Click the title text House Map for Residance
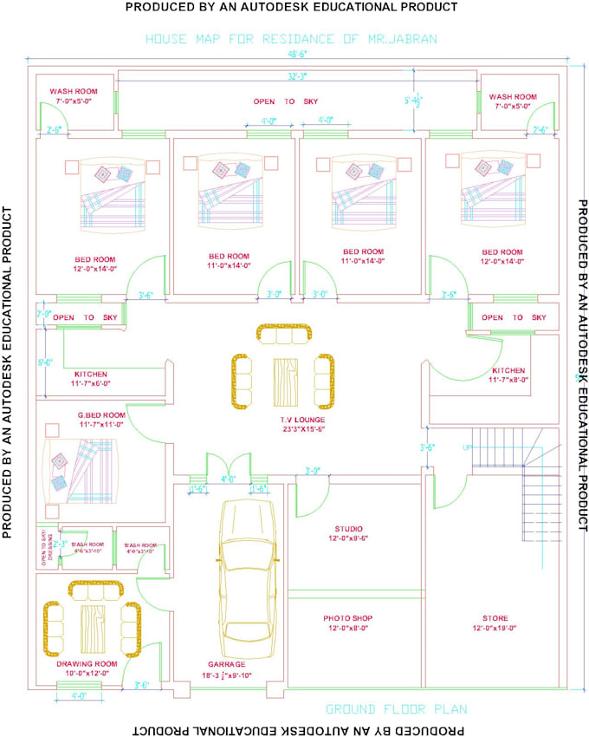tap(292, 39)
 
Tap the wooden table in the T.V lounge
tap(284, 378)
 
